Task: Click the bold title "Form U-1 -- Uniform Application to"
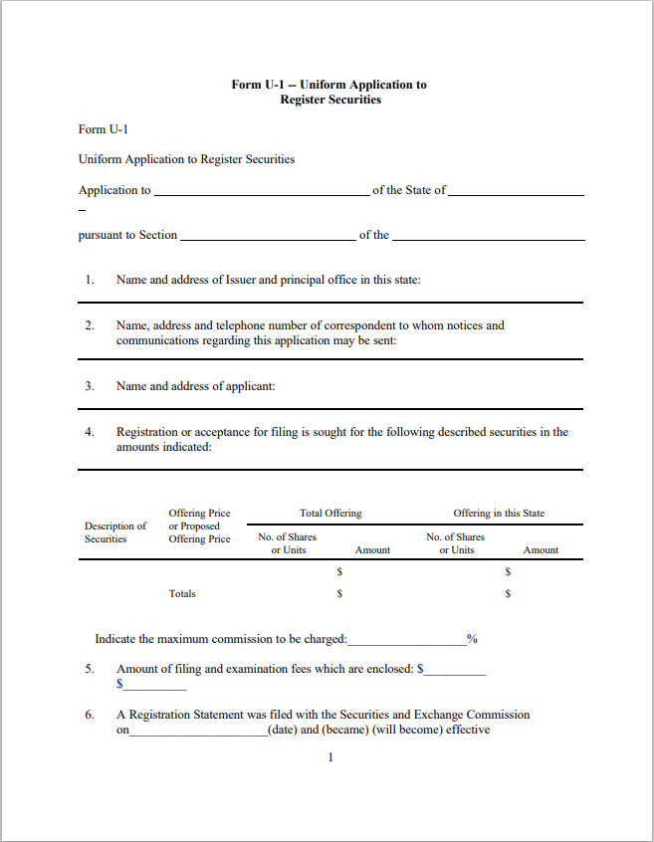[328, 85]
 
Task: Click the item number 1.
[89, 280]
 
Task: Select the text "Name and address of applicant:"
[195, 386]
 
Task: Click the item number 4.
[89, 432]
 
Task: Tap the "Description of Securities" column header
[114, 532]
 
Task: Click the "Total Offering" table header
[330, 514]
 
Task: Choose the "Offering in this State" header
[499, 514]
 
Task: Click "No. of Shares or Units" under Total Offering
[288, 543]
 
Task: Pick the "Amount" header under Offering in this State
[541, 550]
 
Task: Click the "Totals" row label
[182, 594]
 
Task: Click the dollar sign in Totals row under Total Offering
[339, 594]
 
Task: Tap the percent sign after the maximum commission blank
[472, 639]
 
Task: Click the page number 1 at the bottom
[330, 758]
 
